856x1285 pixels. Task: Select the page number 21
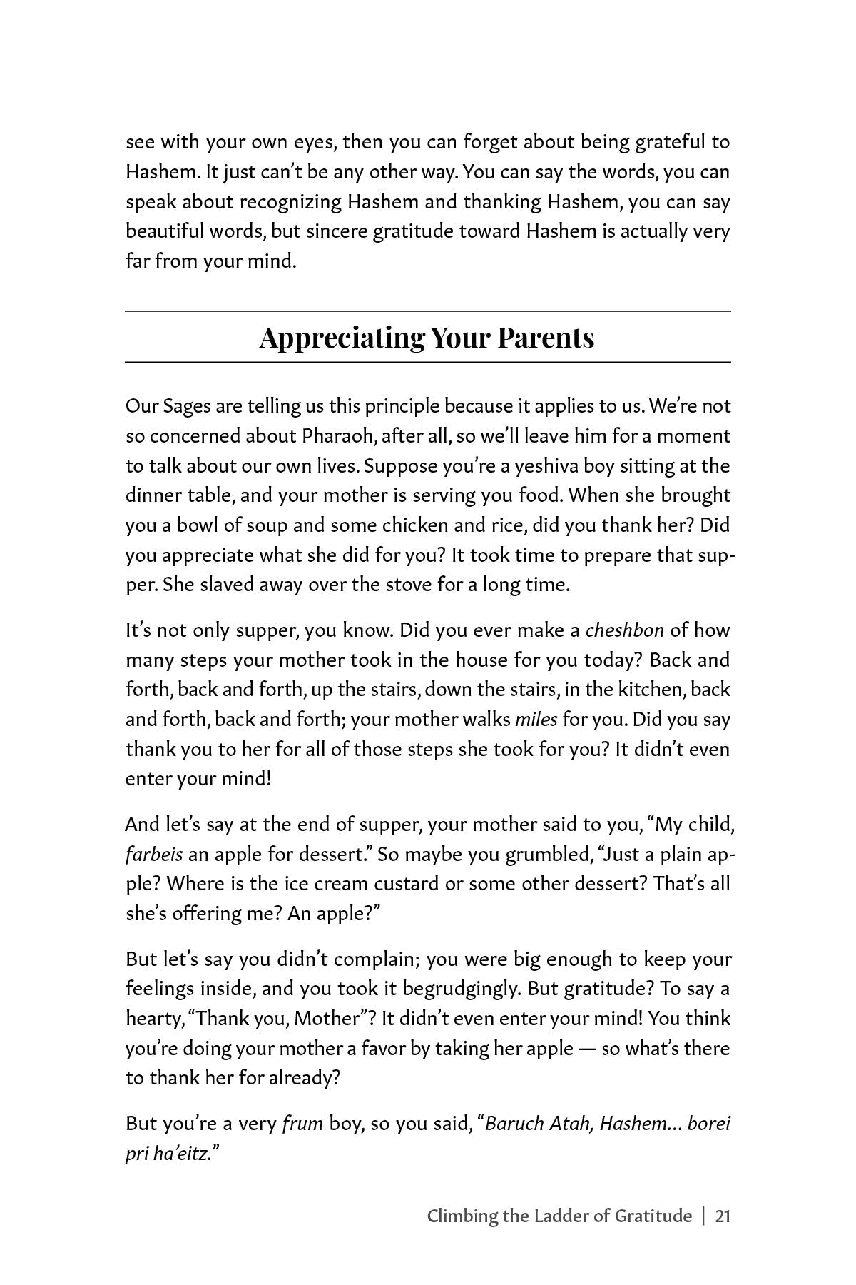click(x=722, y=1216)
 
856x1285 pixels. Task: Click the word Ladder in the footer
click(x=557, y=1216)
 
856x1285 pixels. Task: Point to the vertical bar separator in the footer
click(x=703, y=1216)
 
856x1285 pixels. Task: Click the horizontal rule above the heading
click(x=428, y=311)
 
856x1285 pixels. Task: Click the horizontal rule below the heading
click(x=428, y=363)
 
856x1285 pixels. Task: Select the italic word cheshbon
click(x=624, y=630)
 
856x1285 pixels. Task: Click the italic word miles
click(x=536, y=720)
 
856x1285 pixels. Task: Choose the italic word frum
click(x=302, y=1124)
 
